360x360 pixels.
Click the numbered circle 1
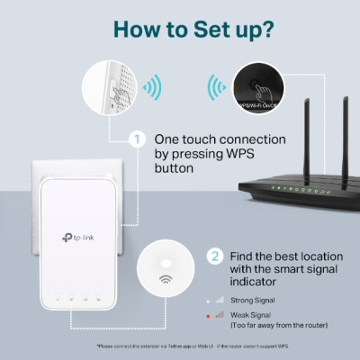136,139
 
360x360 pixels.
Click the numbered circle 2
214,256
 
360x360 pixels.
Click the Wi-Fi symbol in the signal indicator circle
166,278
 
